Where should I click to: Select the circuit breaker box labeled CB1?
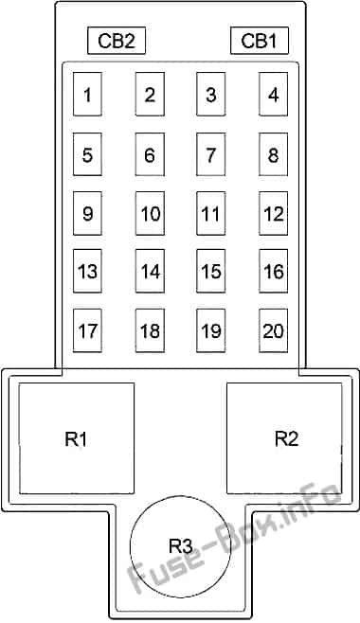[259, 41]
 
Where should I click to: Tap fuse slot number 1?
[87, 95]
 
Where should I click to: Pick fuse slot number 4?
[273, 95]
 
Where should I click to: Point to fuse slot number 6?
[150, 154]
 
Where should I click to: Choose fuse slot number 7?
[211, 154]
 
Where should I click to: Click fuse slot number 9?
[87, 213]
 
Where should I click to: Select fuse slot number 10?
[150, 213]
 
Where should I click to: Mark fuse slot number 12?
[273, 213]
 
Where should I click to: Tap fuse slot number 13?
[87, 272]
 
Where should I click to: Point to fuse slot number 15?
[211, 272]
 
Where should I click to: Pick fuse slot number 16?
[273, 272]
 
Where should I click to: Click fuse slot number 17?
[87, 330]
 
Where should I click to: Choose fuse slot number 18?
[150, 330]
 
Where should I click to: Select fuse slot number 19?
[211, 330]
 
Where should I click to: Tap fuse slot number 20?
[273, 330]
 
